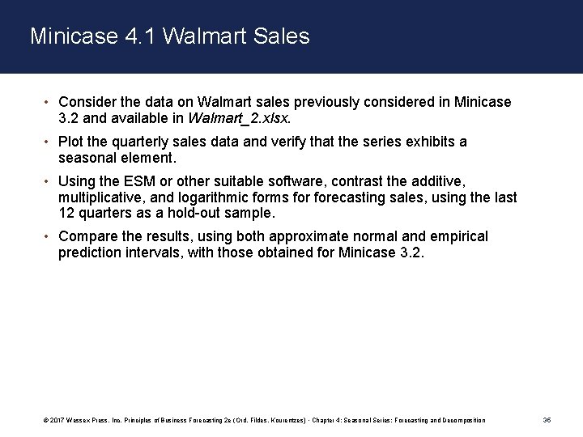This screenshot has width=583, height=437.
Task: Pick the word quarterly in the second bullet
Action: [138, 142]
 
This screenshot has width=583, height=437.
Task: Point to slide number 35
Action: [546, 421]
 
